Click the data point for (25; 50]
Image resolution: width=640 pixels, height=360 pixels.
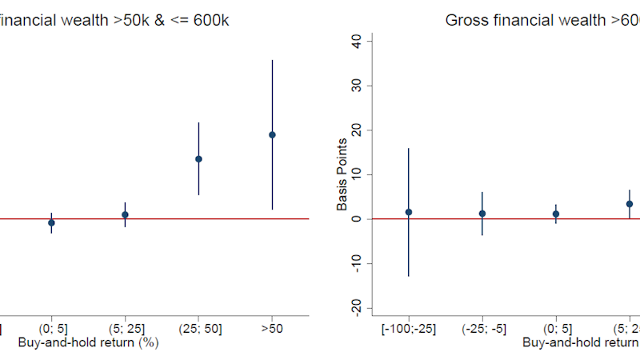(x=198, y=158)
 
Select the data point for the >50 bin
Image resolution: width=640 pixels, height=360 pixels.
(x=272, y=134)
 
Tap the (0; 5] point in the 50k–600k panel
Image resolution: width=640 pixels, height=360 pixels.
(x=51, y=222)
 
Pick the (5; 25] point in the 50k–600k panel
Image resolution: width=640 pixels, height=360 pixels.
(x=125, y=214)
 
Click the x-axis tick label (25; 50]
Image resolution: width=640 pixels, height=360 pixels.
(x=198, y=328)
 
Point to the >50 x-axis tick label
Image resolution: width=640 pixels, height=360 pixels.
(x=272, y=328)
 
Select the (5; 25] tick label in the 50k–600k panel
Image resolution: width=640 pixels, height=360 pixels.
(x=125, y=328)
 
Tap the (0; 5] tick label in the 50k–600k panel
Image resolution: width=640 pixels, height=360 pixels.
(x=51, y=328)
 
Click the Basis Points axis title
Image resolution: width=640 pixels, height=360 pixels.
(x=342, y=174)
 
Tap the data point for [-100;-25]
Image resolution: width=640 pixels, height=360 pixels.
(x=409, y=212)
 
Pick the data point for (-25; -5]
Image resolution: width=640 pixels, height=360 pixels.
(x=482, y=214)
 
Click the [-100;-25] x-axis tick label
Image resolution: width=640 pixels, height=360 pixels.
(x=409, y=328)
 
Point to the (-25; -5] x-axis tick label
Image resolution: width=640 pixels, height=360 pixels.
(x=482, y=328)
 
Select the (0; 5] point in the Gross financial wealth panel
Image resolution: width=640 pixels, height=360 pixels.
(x=556, y=214)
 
